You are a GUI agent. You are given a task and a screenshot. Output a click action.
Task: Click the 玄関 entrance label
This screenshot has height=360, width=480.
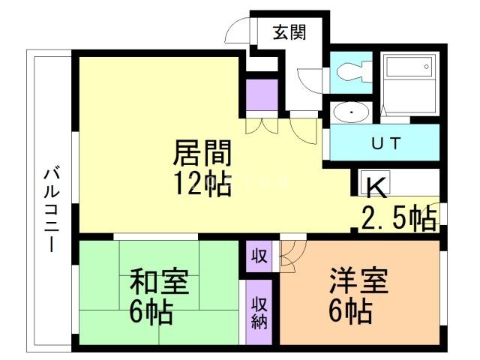click(289, 32)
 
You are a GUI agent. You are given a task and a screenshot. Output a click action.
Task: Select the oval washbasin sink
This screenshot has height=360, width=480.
click(351, 112)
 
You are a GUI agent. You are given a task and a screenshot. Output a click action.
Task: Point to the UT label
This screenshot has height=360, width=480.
click(386, 143)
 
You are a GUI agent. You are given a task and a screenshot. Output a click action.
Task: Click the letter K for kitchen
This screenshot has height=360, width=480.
click(377, 187)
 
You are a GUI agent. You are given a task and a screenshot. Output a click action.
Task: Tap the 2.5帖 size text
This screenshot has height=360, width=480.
click(399, 217)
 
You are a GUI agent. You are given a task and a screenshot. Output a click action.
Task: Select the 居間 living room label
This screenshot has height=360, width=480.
click(202, 152)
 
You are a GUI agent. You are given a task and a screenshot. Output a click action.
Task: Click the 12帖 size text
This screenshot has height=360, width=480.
click(202, 183)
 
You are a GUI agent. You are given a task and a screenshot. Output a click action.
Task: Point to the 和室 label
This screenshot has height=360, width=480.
click(159, 280)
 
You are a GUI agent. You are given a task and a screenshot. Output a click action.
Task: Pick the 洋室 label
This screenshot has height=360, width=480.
click(358, 280)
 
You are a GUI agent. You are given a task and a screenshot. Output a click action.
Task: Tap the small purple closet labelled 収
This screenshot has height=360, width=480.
click(259, 256)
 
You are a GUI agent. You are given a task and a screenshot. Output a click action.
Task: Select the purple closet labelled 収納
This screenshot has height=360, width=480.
click(259, 312)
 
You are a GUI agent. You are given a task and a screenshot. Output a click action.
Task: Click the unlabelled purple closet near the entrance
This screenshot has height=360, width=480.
click(262, 95)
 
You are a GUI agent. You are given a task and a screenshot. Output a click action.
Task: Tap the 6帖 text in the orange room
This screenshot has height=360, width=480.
click(350, 311)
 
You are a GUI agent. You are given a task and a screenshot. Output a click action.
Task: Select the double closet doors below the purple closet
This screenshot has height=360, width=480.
click(262, 125)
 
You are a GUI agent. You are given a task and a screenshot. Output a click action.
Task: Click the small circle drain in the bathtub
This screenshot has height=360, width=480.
click(427, 67)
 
